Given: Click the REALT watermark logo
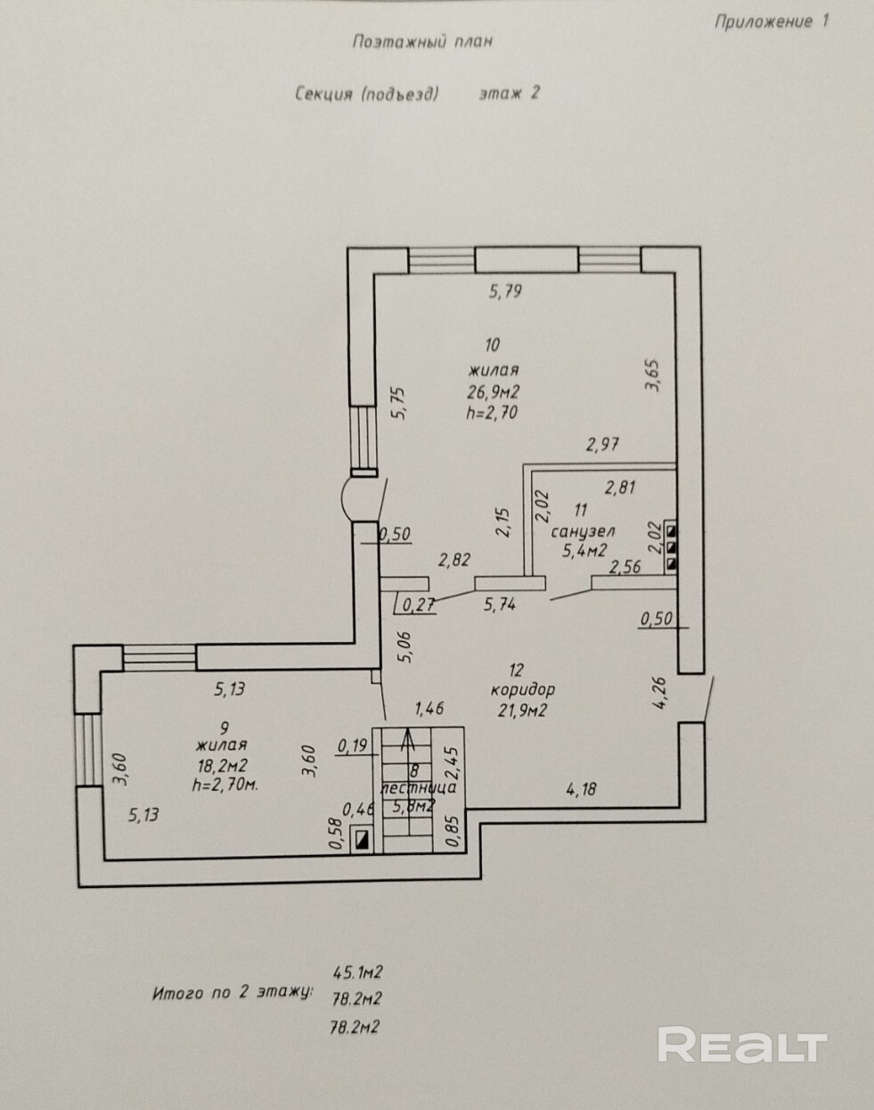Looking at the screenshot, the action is pyautogui.click(x=742, y=1044).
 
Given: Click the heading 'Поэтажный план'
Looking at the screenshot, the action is pyautogui.click(x=422, y=41).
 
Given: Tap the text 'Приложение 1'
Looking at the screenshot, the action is pyautogui.click(x=772, y=21).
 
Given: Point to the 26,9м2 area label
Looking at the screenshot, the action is pyautogui.click(x=493, y=392).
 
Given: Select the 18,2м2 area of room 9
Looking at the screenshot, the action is pyautogui.click(x=223, y=765).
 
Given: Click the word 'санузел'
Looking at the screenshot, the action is pyautogui.click(x=583, y=530).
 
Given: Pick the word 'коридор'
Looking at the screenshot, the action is pyautogui.click(x=522, y=689).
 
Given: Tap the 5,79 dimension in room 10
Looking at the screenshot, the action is pyautogui.click(x=505, y=292).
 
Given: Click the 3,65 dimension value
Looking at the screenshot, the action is pyautogui.click(x=652, y=375).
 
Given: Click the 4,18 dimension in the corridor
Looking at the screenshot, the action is pyautogui.click(x=581, y=789).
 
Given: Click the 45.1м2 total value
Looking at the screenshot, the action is pyautogui.click(x=358, y=973).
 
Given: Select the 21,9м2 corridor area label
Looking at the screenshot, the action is pyautogui.click(x=522, y=711).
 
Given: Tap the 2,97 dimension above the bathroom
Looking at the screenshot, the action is pyautogui.click(x=602, y=444).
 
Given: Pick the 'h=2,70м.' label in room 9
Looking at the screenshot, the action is pyautogui.click(x=225, y=785).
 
